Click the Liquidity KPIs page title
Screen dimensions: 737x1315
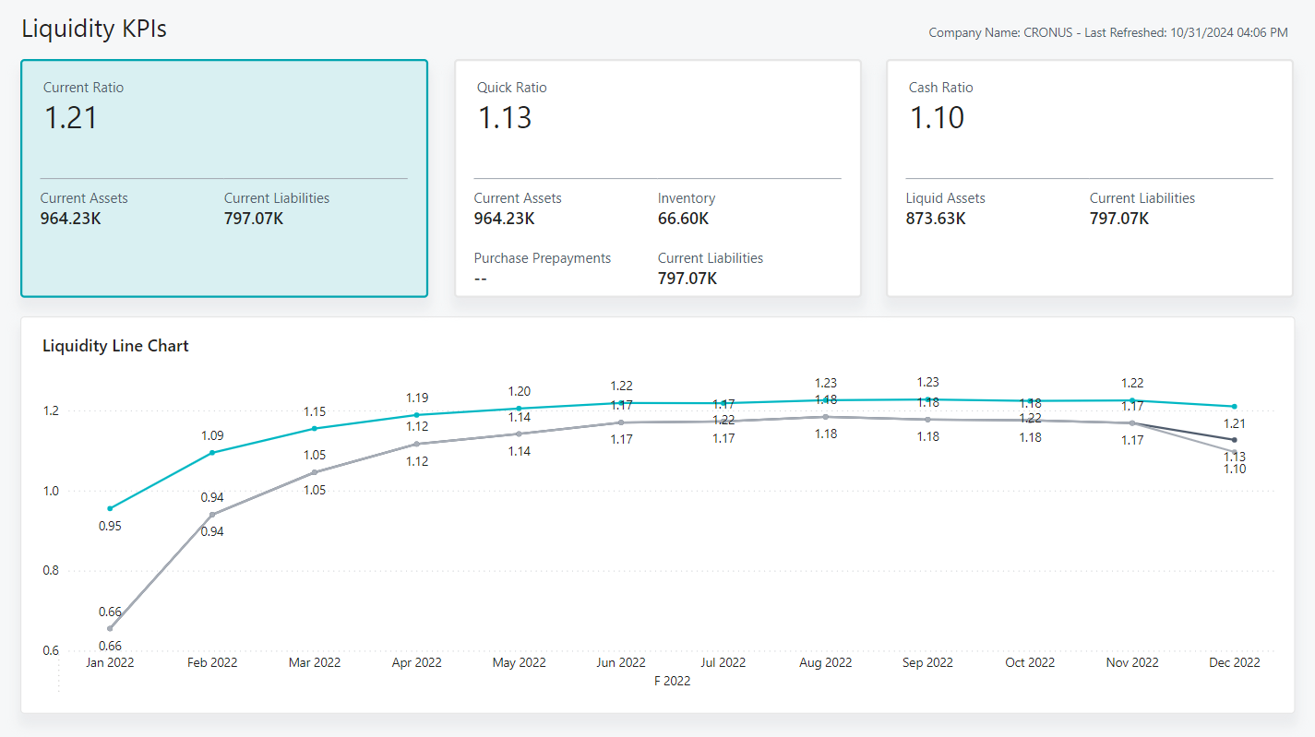(x=94, y=29)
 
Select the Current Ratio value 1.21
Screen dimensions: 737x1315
(x=71, y=118)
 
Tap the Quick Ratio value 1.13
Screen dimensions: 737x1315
(x=505, y=118)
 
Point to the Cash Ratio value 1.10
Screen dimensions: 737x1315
(x=937, y=118)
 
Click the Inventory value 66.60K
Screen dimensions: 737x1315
(x=683, y=219)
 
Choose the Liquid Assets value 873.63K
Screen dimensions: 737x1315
(x=936, y=219)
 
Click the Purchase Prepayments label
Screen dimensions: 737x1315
(x=543, y=258)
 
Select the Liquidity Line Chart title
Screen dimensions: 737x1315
(x=115, y=346)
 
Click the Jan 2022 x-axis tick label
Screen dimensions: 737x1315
(x=110, y=662)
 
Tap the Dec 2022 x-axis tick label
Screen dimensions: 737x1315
(x=1234, y=662)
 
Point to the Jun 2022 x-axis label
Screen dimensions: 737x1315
(x=621, y=662)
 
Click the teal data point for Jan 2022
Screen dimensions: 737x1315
(x=110, y=508)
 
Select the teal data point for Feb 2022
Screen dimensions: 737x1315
(x=212, y=452)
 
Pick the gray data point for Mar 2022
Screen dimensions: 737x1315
(x=315, y=472)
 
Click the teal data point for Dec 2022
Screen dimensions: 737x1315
(x=1234, y=406)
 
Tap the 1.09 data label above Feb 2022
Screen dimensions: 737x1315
(x=212, y=435)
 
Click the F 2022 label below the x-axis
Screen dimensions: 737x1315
(x=672, y=681)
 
